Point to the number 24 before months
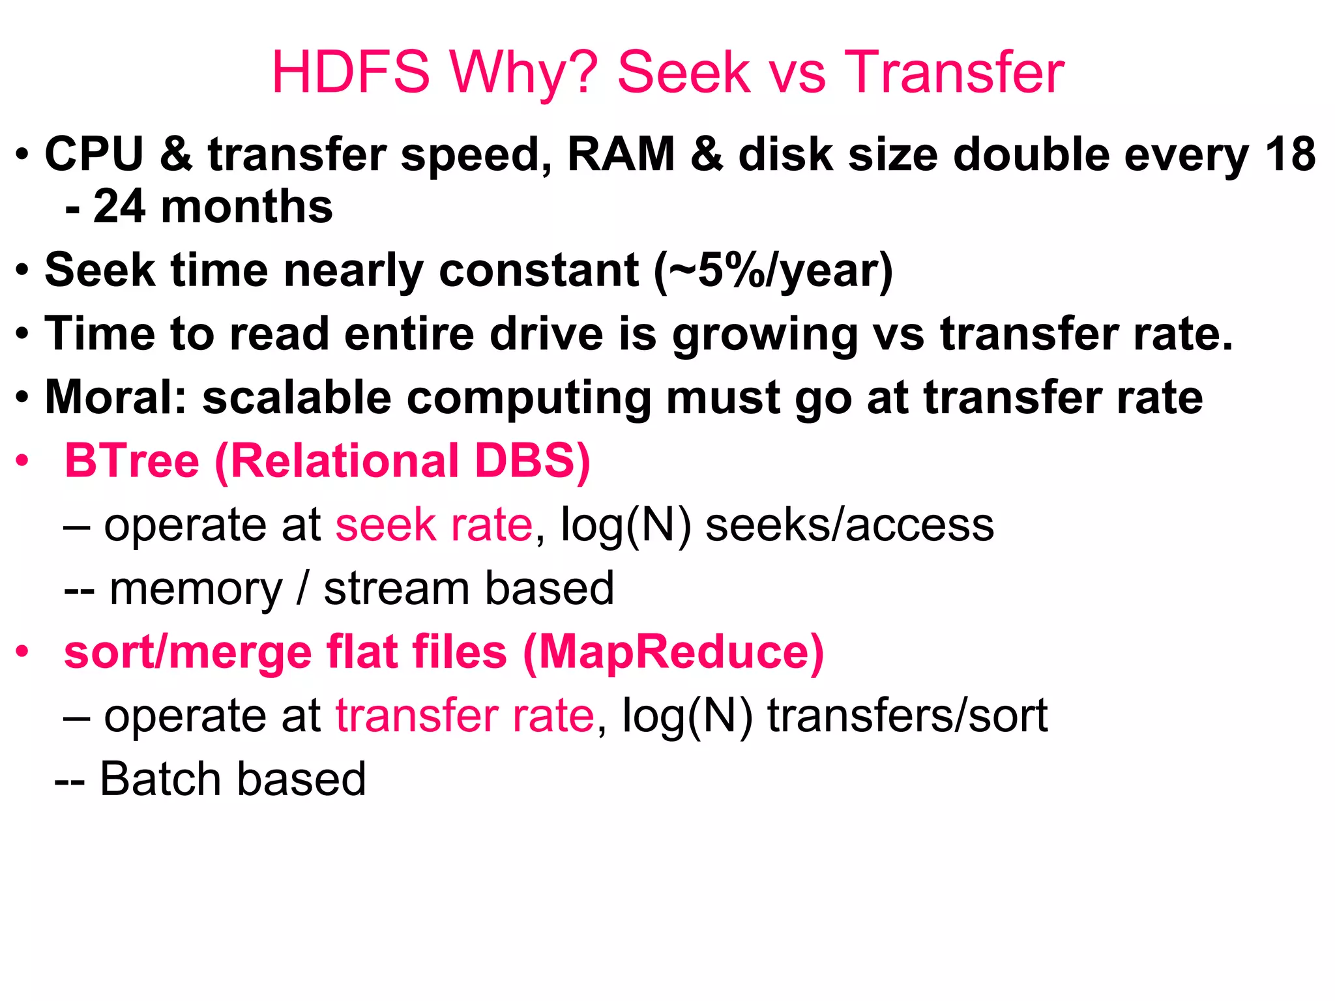(119, 207)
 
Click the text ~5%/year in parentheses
(773, 270)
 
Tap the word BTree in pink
(132, 461)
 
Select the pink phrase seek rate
(434, 525)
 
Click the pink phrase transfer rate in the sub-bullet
(465, 716)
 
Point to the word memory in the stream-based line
(196, 588)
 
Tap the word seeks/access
(850, 525)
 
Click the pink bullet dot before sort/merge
(23, 652)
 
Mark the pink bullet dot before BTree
(23, 461)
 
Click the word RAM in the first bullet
(621, 154)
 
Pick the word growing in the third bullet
(764, 334)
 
